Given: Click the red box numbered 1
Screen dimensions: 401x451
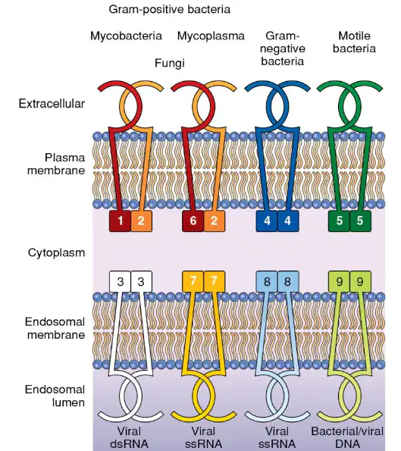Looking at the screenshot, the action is (120, 221).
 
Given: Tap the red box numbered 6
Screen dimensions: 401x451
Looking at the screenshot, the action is (193, 221).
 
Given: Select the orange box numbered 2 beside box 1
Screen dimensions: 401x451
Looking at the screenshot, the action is (141, 221).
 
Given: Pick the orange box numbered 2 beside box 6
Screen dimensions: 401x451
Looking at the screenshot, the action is (215, 221).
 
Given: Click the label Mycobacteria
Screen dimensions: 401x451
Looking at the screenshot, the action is (126, 36).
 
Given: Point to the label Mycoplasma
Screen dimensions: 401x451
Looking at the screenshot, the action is (211, 36).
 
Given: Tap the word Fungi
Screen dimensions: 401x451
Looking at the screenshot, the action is (170, 63).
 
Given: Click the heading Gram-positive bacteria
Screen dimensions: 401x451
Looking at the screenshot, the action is (170, 10).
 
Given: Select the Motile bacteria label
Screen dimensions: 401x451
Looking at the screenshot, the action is (354, 42).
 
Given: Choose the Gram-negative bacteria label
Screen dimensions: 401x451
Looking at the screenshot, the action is (282, 49).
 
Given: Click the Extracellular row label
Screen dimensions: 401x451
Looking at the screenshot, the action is (52, 104).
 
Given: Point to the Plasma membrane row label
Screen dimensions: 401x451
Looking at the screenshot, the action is (56, 164).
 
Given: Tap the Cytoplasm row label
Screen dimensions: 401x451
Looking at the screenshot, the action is (56, 253).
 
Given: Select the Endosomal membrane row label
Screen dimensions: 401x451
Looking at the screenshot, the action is (55, 328).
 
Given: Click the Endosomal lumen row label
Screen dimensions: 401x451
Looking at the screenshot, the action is (55, 396).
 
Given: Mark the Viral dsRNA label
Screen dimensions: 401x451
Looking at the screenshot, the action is (129, 438).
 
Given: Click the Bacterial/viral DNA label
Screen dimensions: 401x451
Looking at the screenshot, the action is (347, 438).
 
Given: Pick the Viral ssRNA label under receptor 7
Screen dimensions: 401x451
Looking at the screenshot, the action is (203, 438).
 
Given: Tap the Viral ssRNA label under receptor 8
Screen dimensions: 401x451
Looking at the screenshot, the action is (277, 438).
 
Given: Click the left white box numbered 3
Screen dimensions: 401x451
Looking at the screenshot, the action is (120, 281).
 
